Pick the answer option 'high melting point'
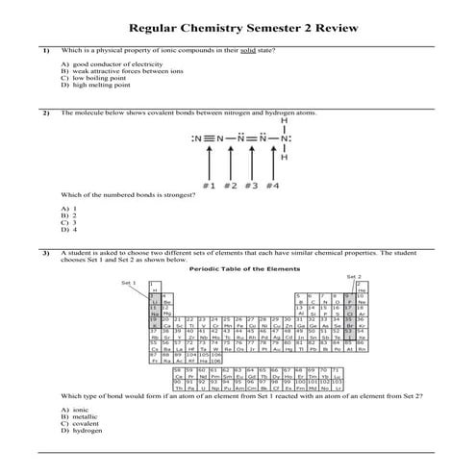(x=94, y=85)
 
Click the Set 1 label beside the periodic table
(x=129, y=283)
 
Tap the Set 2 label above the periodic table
(x=352, y=276)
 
